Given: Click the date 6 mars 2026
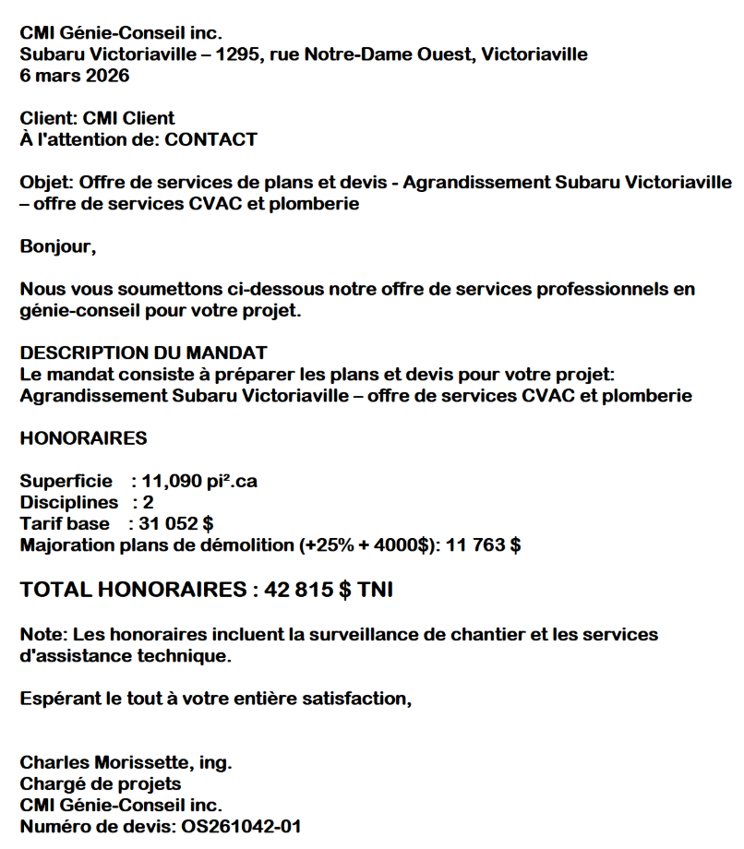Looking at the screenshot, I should pyautogui.click(x=75, y=76).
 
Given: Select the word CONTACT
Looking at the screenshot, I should pyautogui.click(x=210, y=140).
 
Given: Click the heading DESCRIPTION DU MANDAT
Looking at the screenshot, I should pyautogui.click(x=143, y=353).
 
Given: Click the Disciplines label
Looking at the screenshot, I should pyautogui.click(x=69, y=503).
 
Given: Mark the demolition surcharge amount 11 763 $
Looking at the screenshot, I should pyautogui.click(x=484, y=545).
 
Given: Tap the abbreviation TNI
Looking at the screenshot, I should pyautogui.click(x=375, y=590).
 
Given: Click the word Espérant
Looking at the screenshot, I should pyautogui.click(x=62, y=699).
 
